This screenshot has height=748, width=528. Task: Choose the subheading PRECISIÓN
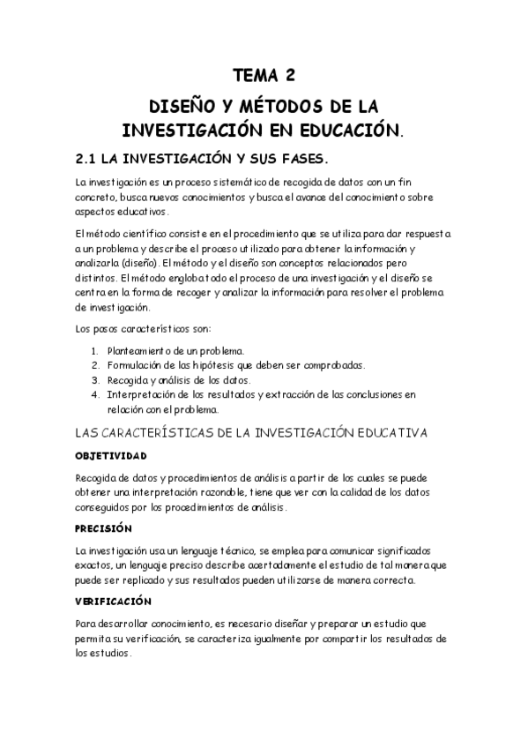(x=104, y=528)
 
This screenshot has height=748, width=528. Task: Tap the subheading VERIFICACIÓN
(x=115, y=601)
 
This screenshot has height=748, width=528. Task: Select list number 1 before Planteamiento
(x=95, y=351)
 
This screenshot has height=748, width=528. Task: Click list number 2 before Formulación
(x=95, y=365)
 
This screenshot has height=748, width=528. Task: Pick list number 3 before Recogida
(x=95, y=379)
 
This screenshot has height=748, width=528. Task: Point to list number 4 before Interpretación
(x=95, y=393)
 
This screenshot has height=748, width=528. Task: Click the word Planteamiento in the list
(x=141, y=351)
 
